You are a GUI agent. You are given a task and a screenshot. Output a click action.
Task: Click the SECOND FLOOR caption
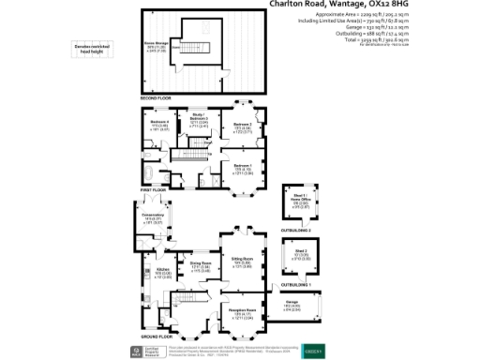157,98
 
